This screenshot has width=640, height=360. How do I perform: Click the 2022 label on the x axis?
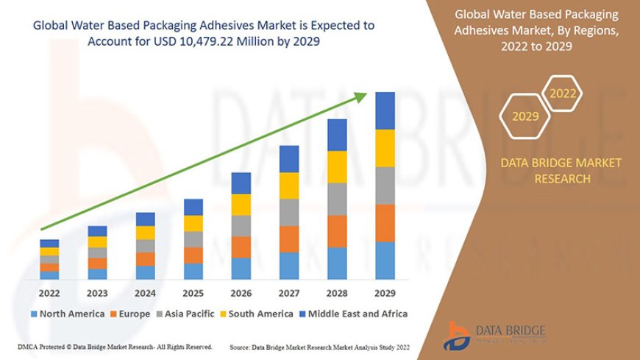(49, 292)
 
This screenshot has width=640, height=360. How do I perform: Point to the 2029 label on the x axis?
(385, 292)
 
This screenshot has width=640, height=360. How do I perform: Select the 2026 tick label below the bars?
(241, 292)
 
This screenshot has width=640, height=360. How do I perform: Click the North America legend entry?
(68, 314)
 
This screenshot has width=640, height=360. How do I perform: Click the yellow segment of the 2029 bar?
(385, 148)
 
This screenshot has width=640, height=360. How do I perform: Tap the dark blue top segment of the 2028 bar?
(337, 135)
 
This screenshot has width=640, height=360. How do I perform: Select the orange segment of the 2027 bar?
(289, 239)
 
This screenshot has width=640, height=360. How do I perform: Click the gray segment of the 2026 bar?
(241, 225)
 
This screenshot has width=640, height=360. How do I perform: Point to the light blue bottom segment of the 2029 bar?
(385, 261)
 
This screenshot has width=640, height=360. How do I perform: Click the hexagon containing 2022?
(563, 93)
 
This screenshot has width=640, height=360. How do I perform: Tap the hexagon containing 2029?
(525, 116)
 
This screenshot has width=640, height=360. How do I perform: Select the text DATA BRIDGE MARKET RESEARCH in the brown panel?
(561, 171)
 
